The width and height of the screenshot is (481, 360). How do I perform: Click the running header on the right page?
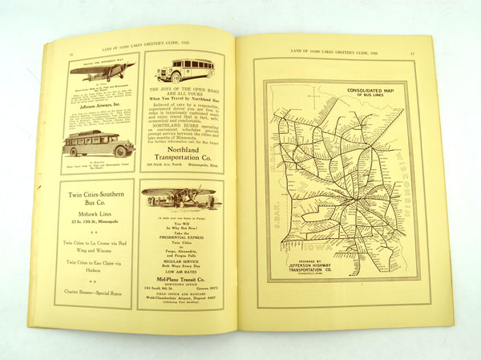coord(328,52)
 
